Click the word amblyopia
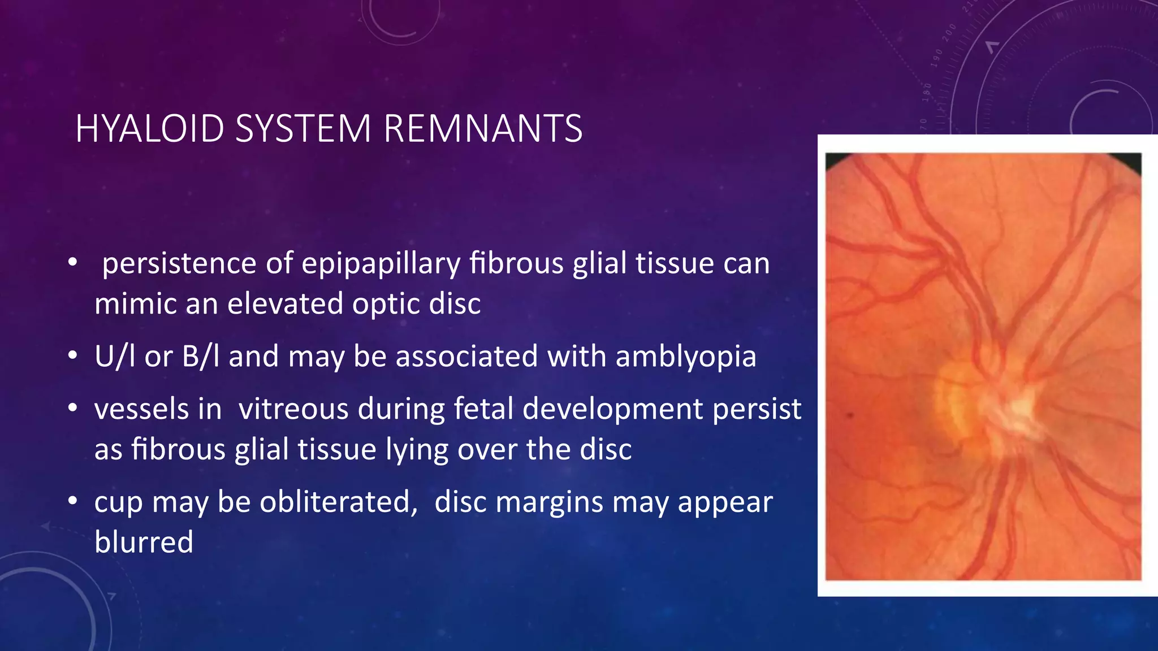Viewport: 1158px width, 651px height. pos(685,357)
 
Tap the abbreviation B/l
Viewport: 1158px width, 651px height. pos(200,357)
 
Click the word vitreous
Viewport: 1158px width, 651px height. pos(293,409)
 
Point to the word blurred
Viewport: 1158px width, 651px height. pos(144,542)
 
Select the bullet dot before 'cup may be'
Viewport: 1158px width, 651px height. pos(72,501)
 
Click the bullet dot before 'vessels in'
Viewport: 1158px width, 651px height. pos(72,408)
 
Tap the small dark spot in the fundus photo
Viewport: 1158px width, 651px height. pos(850,416)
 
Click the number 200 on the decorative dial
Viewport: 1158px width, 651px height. pos(949,33)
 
